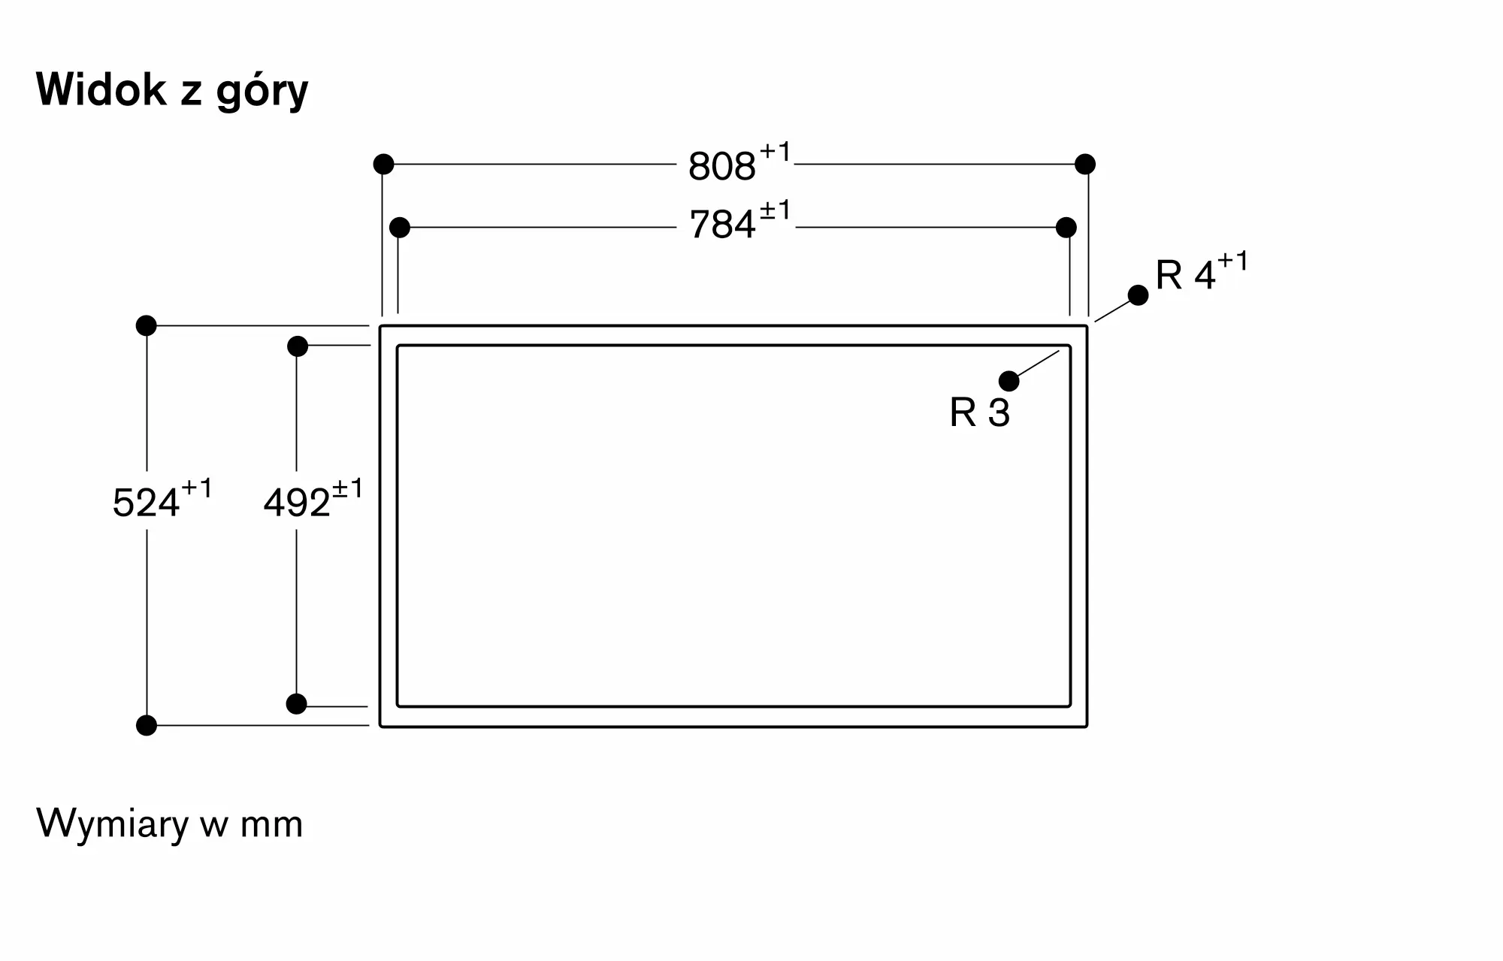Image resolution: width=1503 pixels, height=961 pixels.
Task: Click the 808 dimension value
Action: tap(721, 167)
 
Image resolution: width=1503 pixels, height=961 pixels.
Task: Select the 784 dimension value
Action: tap(722, 225)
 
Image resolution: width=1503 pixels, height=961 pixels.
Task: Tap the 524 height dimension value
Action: tap(146, 503)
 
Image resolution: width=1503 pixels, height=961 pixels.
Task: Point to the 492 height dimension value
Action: tap(297, 503)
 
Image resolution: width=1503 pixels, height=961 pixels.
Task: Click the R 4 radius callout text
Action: tap(1185, 275)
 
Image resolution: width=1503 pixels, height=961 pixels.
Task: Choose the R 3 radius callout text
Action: tap(979, 413)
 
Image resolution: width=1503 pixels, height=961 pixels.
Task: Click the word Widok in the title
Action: tap(101, 90)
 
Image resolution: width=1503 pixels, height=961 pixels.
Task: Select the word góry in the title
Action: tap(262, 92)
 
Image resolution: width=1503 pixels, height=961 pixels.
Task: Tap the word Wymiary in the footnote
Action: tap(113, 824)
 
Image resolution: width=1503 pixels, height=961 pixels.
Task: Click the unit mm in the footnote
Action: tap(271, 825)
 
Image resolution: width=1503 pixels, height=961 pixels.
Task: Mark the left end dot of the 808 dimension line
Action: tap(383, 164)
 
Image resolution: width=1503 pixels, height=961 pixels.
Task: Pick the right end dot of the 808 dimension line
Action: tap(1085, 164)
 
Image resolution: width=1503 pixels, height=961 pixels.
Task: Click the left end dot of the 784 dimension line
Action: tap(400, 227)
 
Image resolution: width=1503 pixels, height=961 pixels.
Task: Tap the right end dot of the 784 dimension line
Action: tap(1066, 227)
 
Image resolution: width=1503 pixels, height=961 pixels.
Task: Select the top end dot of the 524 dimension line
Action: tap(147, 325)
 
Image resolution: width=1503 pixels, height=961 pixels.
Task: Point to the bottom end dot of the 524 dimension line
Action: tap(147, 725)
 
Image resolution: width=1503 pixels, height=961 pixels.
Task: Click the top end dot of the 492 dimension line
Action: tap(298, 346)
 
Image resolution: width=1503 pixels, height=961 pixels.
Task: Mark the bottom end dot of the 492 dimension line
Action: tap(297, 704)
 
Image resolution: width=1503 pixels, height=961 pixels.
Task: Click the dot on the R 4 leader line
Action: tap(1139, 295)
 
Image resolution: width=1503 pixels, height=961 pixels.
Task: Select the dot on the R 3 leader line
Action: tap(1009, 381)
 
